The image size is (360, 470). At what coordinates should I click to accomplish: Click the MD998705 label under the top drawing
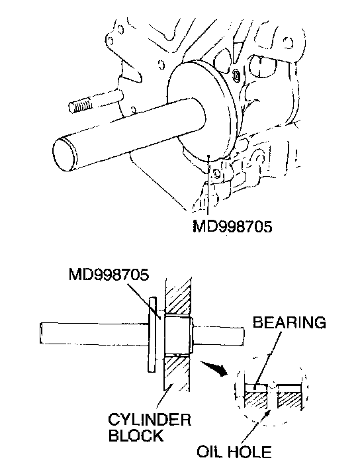[x=232, y=226]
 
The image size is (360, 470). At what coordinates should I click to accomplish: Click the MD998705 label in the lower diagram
[x=109, y=274]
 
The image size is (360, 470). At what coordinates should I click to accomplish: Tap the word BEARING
[x=289, y=322]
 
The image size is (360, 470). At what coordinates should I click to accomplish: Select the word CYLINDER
[x=150, y=419]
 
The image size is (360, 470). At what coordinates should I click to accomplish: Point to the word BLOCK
[x=136, y=435]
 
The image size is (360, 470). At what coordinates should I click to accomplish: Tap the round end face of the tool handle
[x=64, y=155]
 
